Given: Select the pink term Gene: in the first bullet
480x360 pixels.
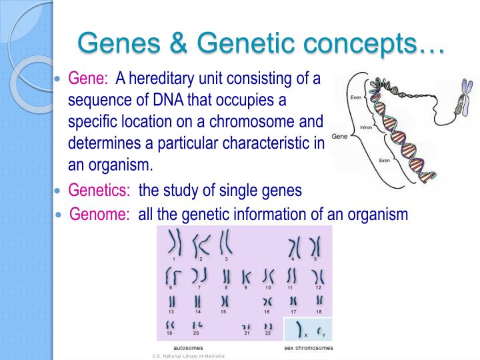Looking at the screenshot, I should pyautogui.click(x=89, y=79).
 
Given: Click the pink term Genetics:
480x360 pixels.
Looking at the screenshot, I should pyautogui.click(x=99, y=191).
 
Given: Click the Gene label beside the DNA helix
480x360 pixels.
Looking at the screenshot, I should pyautogui.click(x=339, y=136).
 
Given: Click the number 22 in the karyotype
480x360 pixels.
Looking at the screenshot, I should pyautogui.click(x=268, y=333).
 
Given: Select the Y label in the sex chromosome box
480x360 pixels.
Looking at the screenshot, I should pyautogui.click(x=325, y=335).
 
